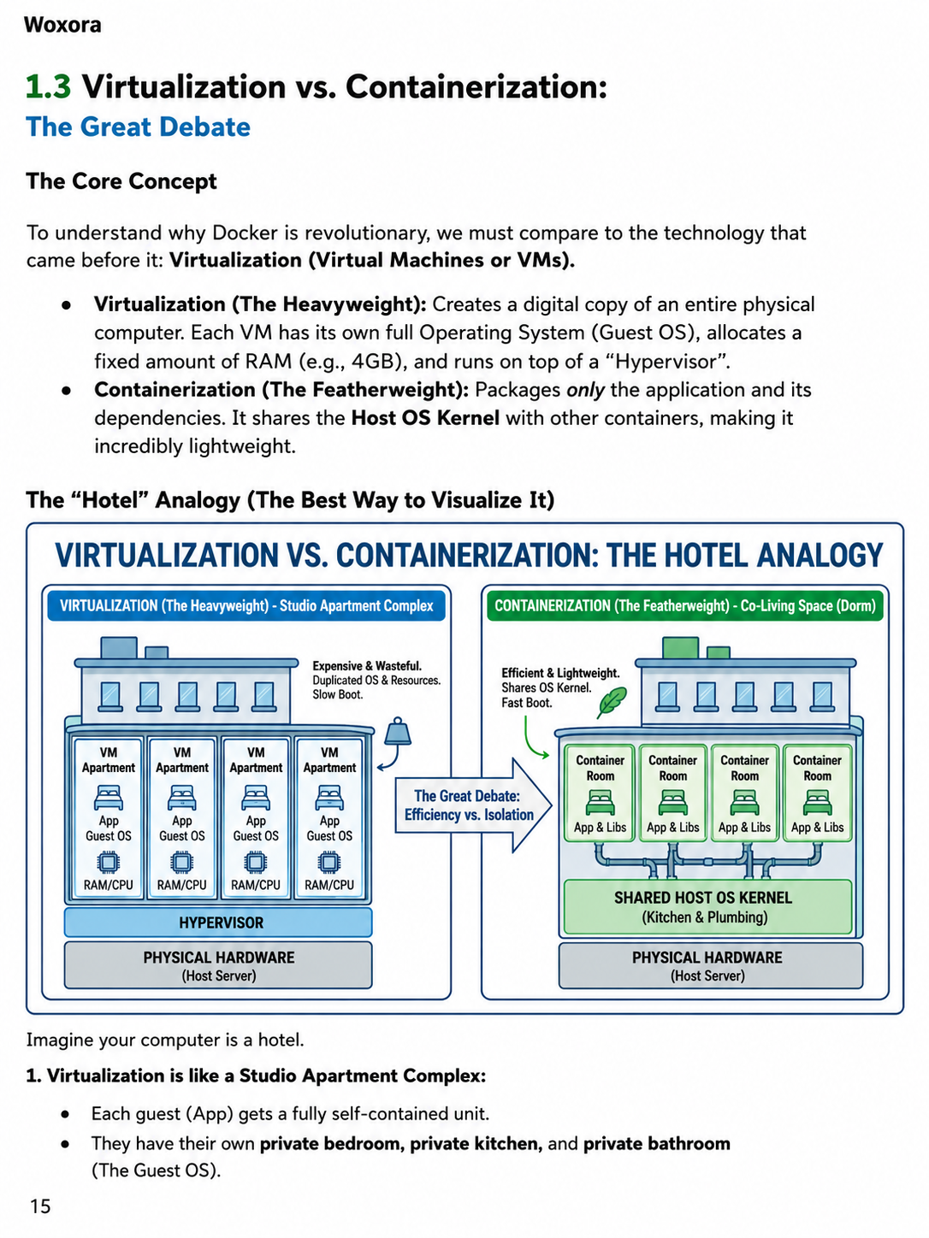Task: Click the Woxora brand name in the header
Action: [x=62, y=25]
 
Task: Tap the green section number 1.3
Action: [x=49, y=86]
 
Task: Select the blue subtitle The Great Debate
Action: [x=139, y=127]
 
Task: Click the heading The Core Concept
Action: [x=121, y=181]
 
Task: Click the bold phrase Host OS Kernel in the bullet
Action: [x=425, y=418]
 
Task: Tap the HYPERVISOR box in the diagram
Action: [x=218, y=923]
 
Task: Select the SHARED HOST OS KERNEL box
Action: [x=708, y=906]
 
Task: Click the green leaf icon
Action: [x=612, y=702]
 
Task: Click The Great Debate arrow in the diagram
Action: [x=473, y=805]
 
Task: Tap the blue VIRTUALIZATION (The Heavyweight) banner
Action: [x=246, y=605]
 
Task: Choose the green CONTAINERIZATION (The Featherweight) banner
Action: [x=684, y=605]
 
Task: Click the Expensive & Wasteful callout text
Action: [x=376, y=680]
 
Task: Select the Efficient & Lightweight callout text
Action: [x=560, y=687]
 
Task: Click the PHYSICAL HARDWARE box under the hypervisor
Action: [x=218, y=965]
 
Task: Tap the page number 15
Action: [x=40, y=1206]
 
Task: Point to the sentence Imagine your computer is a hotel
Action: [x=165, y=1040]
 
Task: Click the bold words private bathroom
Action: [x=657, y=1143]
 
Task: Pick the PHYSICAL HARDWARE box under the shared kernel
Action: [x=711, y=965]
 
